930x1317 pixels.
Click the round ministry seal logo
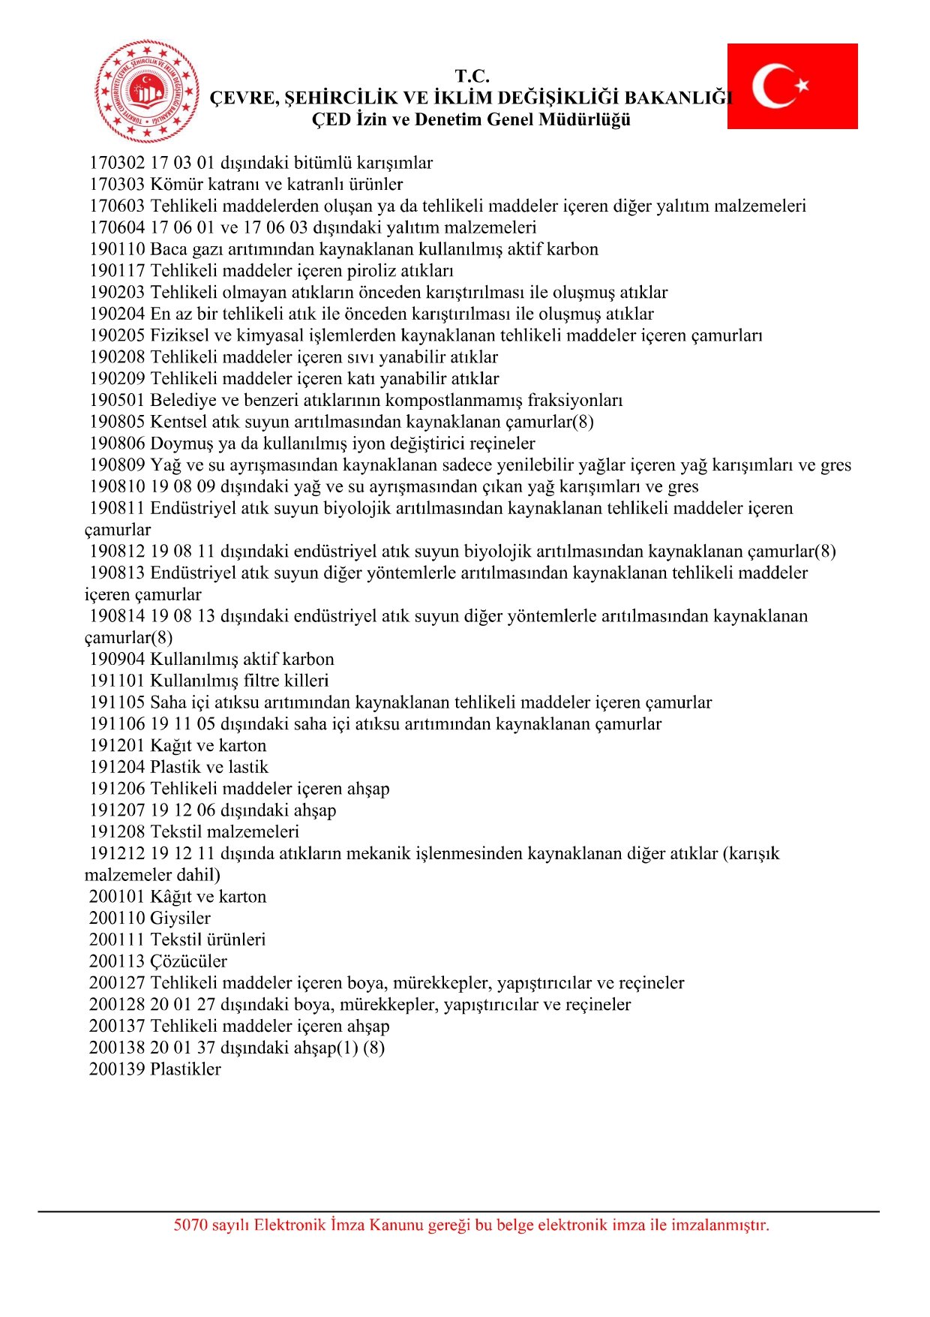point(147,92)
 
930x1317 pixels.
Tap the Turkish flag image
point(792,86)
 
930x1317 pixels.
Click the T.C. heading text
point(472,77)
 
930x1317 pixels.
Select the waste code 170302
point(117,163)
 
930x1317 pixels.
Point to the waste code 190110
point(117,249)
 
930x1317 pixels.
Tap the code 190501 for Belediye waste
point(117,401)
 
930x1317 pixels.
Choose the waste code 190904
point(117,660)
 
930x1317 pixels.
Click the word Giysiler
point(180,919)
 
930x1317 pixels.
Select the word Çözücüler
point(188,961)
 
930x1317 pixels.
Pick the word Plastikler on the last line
point(185,1069)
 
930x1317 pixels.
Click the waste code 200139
point(117,1069)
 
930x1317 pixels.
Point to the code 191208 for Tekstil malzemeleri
point(117,832)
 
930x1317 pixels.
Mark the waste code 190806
point(117,444)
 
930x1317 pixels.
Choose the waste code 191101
point(117,681)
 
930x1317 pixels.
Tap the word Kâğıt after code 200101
point(172,897)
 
